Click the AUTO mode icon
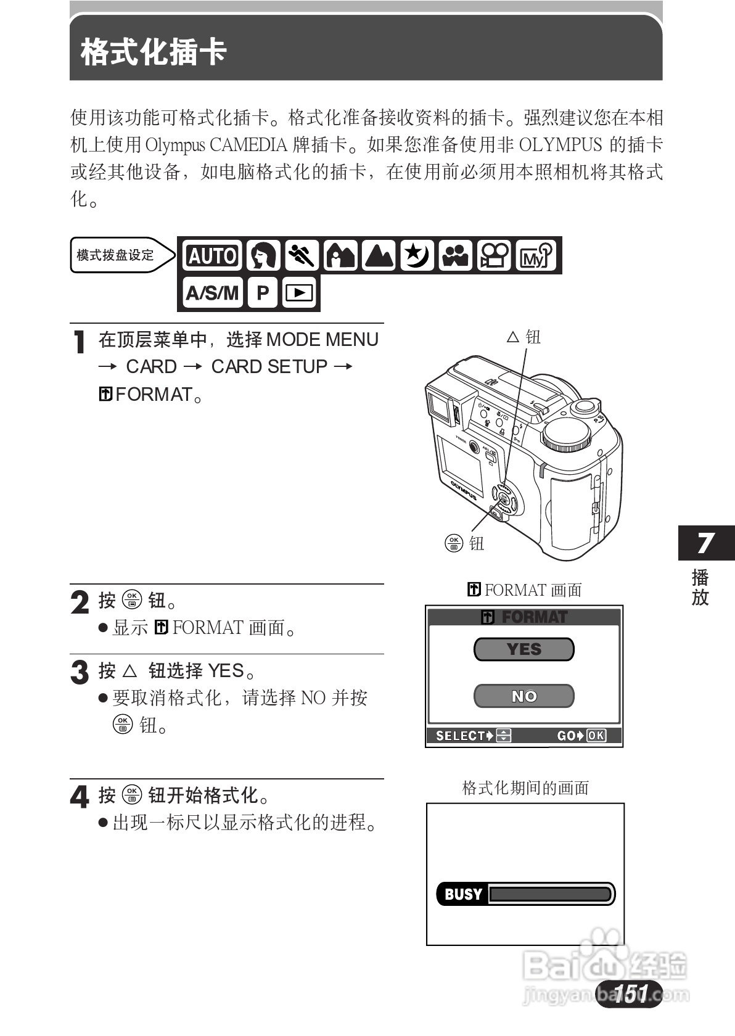(212, 255)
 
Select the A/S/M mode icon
(212, 293)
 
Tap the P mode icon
(263, 293)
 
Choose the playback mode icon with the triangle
(300, 293)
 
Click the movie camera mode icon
(495, 255)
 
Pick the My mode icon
(534, 255)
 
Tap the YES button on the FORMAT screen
(524, 649)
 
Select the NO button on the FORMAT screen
(524, 696)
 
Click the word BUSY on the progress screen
(463, 894)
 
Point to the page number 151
(630, 993)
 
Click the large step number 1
(79, 342)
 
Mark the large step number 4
(80, 797)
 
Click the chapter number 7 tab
(705, 543)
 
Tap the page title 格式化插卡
(154, 52)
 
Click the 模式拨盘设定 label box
(115, 255)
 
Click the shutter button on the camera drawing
(584, 406)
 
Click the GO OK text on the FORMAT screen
(581, 736)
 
